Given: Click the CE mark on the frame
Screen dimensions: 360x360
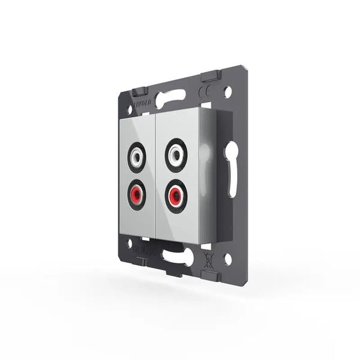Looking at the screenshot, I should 205,92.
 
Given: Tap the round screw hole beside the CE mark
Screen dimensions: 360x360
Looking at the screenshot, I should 227,92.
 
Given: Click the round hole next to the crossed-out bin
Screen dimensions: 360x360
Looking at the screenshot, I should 227,258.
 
